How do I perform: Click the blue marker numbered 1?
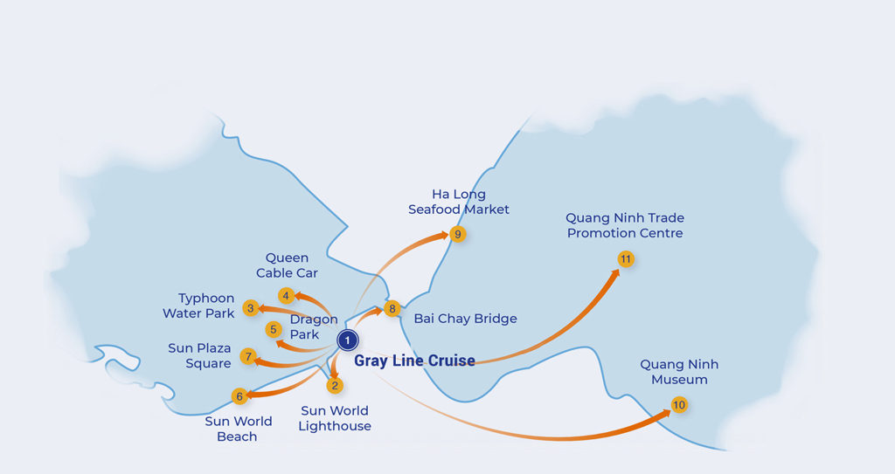(348, 340)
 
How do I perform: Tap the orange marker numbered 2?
(335, 385)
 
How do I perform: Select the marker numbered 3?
(251, 307)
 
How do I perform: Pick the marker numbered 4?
(286, 295)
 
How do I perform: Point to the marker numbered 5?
(274, 330)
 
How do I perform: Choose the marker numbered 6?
(239, 396)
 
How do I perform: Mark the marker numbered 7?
(249, 356)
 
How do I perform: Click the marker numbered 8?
(392, 308)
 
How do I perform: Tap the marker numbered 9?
(457, 234)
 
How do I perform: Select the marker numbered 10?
(679, 405)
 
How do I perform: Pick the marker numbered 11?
(625, 259)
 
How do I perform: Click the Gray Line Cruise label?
(414, 361)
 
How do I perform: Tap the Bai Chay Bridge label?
(465, 319)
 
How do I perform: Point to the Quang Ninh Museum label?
(679, 372)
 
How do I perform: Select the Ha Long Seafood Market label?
(459, 202)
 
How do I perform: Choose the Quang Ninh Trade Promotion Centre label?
(625, 225)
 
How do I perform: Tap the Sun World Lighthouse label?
(335, 418)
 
